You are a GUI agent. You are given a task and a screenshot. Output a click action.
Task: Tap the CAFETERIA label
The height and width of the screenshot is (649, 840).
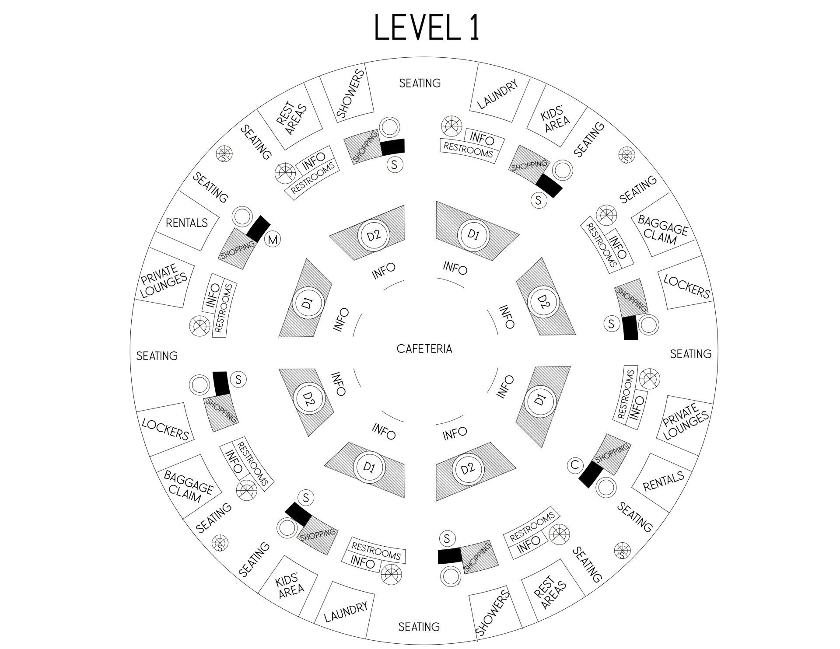pos(424,349)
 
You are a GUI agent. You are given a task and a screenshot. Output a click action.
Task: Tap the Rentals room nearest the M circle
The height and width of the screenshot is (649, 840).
pos(186,223)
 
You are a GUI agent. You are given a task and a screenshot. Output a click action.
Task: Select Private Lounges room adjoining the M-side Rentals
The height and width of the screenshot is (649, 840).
pos(164,280)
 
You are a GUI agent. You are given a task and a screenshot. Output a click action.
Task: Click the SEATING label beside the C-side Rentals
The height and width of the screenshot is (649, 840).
pos(634,516)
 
